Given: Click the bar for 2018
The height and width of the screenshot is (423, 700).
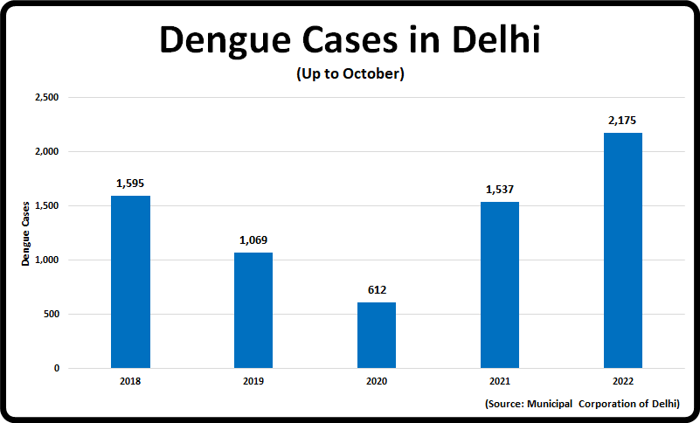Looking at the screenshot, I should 130,281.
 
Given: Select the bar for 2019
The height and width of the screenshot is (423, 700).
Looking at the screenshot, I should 253,310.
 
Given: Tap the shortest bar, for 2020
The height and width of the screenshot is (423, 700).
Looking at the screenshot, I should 377,335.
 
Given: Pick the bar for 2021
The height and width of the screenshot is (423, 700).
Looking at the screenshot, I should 500,285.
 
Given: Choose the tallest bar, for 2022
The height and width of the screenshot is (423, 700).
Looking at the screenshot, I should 623,250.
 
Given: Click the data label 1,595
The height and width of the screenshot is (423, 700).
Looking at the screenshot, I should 130,184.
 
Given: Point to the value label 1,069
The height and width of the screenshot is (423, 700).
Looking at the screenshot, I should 253,240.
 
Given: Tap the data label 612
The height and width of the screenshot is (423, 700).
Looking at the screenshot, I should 377,290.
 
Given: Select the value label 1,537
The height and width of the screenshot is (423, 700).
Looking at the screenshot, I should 500,190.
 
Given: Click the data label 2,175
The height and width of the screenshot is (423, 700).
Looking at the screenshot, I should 623,121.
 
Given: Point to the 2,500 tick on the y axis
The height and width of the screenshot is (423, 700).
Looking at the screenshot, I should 45,98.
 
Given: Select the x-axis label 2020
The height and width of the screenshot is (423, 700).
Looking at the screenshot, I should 377,382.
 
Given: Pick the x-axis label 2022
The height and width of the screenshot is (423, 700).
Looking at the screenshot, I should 623,382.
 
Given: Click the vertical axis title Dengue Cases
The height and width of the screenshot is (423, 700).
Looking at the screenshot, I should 26,233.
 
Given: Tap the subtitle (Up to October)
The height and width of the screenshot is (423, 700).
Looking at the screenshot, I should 350,73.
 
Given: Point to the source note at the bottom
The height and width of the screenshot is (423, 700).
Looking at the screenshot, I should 581,404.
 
